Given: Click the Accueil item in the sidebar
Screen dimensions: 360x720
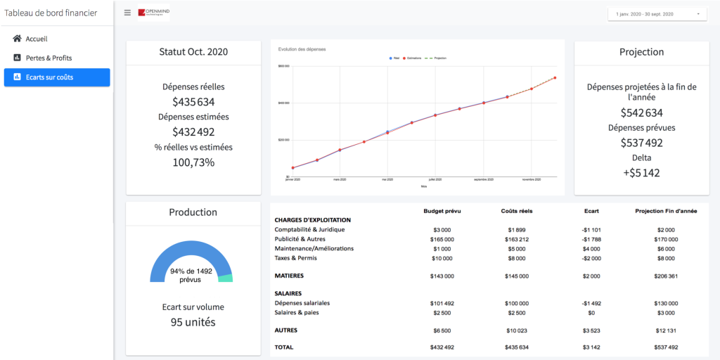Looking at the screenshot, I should point(36,39).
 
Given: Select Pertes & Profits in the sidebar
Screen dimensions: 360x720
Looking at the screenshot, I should point(49,58).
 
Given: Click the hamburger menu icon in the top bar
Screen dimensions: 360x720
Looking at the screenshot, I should point(127,13).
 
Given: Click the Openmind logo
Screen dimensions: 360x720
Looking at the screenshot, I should point(154,13).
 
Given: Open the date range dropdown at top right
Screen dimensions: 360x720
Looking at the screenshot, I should point(657,14).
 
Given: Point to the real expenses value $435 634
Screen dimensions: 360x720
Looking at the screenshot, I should point(193,102).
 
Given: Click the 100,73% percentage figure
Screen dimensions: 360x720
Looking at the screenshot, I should point(193,162).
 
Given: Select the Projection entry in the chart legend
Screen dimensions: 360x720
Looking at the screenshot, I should point(437,58).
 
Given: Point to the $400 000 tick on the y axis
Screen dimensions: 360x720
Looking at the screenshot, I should point(285,103).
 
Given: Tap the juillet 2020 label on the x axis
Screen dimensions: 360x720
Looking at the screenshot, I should point(436,180).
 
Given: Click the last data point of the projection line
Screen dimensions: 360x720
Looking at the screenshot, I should point(555,77).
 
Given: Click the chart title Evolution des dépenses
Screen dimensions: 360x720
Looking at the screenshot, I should point(302,49).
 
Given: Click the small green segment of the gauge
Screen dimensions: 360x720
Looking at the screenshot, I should point(225,278).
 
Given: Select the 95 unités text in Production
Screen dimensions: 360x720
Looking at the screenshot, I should point(193,322).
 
